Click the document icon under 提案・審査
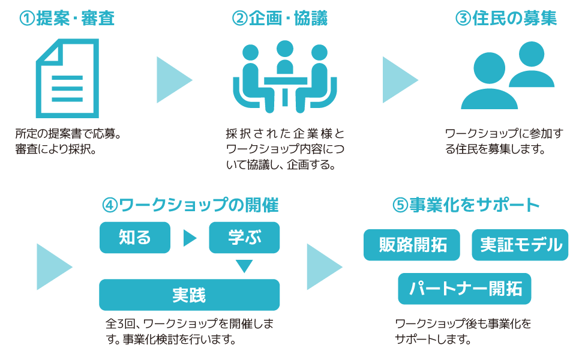67,78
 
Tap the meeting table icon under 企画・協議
284,76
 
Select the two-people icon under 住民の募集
508,76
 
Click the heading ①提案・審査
67,19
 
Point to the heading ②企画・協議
280,19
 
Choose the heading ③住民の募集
506,19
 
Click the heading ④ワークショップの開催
190,205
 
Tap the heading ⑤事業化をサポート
466,205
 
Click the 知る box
135,238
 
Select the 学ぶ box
244,238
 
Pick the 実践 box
189,295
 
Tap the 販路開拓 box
412,245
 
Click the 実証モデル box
520,245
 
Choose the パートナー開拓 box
464,289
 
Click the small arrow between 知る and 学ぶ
189,238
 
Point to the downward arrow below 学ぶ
244,265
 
